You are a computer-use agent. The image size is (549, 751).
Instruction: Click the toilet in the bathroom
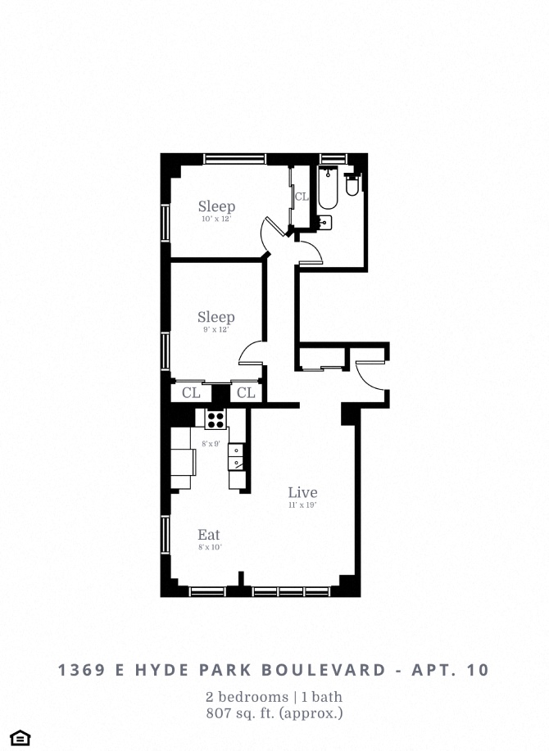pyautogui.click(x=352, y=185)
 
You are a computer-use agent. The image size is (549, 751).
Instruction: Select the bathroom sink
pyautogui.click(x=324, y=221)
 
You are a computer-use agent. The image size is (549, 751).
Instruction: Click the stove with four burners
pyautogui.click(x=216, y=419)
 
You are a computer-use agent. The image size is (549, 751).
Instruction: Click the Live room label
pyautogui.click(x=302, y=492)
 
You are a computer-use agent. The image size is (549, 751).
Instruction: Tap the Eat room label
pyautogui.click(x=208, y=536)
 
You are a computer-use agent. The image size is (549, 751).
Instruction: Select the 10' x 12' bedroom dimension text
pyautogui.click(x=216, y=219)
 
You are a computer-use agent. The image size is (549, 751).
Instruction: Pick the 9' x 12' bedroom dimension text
pyautogui.click(x=216, y=330)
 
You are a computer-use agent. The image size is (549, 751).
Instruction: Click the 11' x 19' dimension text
pyautogui.click(x=302, y=505)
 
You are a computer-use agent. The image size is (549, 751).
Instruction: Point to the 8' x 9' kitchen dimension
pyautogui.click(x=211, y=444)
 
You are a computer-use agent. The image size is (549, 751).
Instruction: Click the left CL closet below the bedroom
pyautogui.click(x=191, y=393)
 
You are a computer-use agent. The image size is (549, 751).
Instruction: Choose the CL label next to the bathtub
pyautogui.click(x=302, y=197)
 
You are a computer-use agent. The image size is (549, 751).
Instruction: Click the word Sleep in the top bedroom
pyautogui.click(x=216, y=206)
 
